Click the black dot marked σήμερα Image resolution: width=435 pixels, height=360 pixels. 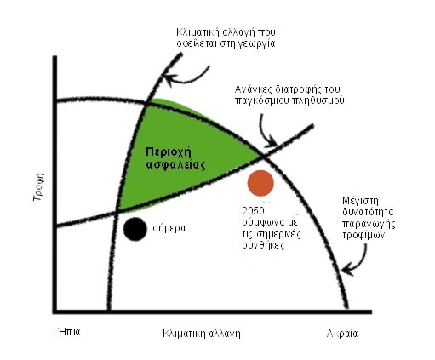coord(135,229)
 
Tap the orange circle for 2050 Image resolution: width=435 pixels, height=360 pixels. coord(260,183)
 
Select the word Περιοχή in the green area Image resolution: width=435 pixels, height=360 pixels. coord(169,152)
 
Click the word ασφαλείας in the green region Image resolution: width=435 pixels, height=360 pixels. coord(175,165)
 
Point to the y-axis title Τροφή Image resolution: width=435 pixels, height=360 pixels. coord(38,186)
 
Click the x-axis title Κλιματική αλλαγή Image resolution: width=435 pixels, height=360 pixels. coord(202,334)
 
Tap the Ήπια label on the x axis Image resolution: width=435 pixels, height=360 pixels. coord(68,332)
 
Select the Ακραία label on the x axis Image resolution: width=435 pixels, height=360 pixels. coord(342,334)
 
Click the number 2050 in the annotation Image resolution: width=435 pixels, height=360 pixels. coord(253,211)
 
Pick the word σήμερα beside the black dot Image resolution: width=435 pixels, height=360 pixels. coord(169,228)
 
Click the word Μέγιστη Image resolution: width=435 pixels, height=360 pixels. coord(360,202)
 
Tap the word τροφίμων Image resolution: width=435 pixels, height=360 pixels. coord(363,236)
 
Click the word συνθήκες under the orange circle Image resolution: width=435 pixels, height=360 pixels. coord(263,245)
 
